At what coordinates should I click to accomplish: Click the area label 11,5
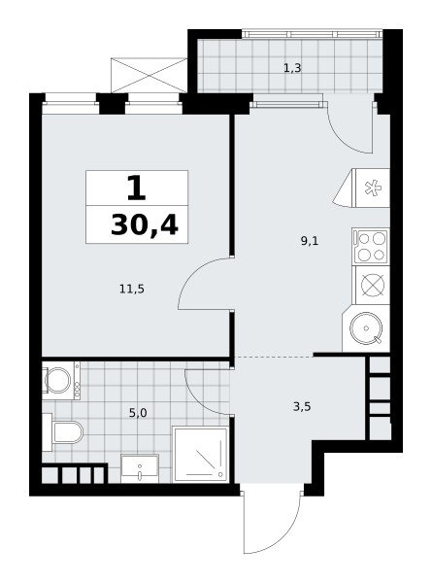[132, 289]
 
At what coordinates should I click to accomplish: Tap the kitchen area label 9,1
[310, 241]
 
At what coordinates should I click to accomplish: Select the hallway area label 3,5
[302, 407]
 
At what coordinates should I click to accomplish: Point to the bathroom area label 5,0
[138, 413]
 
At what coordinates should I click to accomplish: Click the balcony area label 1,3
[292, 68]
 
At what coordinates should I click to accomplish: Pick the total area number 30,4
[145, 225]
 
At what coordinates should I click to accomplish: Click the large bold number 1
[136, 189]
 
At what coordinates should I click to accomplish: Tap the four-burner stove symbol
[371, 246]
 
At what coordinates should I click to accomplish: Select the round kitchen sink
[366, 328]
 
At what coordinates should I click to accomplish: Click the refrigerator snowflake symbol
[373, 188]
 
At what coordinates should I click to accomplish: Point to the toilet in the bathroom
[63, 431]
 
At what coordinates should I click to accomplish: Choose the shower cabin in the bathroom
[201, 454]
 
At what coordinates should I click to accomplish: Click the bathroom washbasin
[140, 468]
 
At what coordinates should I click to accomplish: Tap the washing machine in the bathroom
[60, 380]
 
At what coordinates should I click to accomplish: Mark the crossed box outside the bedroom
[149, 75]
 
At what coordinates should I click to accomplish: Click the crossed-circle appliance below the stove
[372, 285]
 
